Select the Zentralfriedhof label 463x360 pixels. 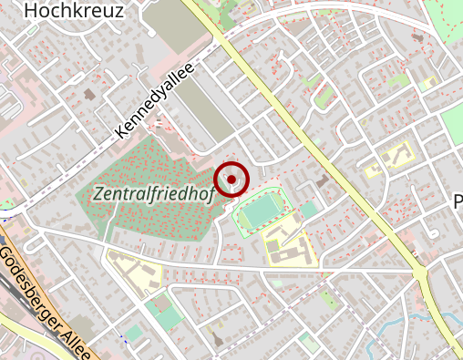point(153,193)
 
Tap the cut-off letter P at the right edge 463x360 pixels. point(458,202)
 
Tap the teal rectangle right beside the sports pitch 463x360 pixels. point(310,210)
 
